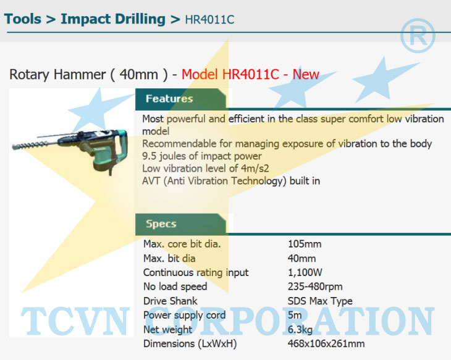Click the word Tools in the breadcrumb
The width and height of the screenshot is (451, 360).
point(23,19)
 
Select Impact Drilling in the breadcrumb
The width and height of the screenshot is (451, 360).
point(112,20)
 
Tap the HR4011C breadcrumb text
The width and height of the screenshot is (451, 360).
point(209,20)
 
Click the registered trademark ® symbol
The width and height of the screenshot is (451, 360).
point(418,36)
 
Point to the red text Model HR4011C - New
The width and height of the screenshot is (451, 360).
point(250,74)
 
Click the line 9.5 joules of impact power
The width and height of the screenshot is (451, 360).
point(202,156)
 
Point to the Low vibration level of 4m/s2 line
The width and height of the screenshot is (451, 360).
point(206,168)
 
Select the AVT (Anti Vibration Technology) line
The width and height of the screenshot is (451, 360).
point(231,181)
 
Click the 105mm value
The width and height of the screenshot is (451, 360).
point(305,244)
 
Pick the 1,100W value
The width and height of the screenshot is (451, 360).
point(305,272)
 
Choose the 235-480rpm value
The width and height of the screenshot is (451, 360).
point(315,287)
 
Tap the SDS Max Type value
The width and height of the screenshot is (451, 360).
point(320,301)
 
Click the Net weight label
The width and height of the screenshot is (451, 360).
point(167,329)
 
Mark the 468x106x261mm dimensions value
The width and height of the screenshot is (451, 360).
point(326,343)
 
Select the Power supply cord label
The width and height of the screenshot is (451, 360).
point(184,315)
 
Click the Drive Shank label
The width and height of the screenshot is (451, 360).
point(171,301)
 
